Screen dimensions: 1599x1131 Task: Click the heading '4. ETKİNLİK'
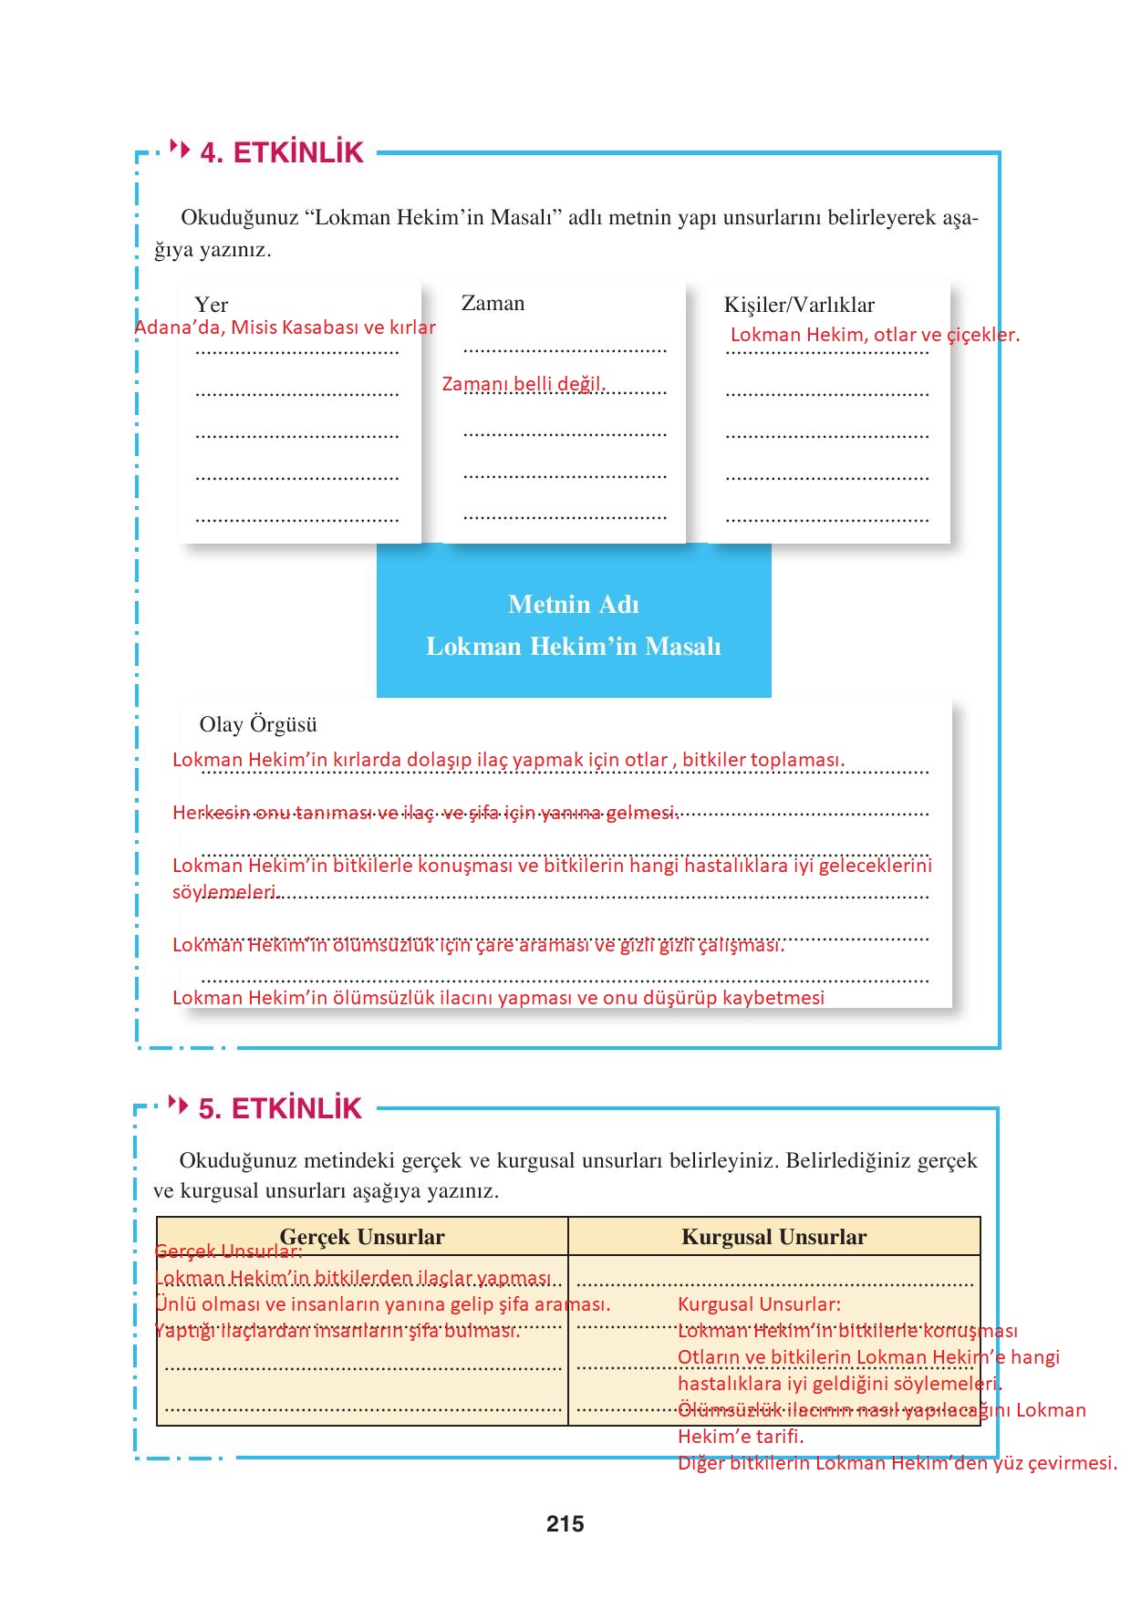pos(282,152)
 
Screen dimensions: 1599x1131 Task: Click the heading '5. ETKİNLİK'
pos(280,1108)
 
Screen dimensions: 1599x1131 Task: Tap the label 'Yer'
pos(211,305)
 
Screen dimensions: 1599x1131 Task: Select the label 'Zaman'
pos(493,303)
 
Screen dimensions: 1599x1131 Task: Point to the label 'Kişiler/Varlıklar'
pos(799,305)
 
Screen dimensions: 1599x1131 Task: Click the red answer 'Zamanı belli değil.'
pos(524,384)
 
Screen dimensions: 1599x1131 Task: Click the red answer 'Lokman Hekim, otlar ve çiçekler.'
pos(875,335)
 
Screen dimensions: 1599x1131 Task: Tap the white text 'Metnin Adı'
pos(574,605)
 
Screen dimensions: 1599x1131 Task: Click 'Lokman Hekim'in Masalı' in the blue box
pos(574,647)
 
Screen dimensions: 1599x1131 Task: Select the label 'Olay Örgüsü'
pos(258,724)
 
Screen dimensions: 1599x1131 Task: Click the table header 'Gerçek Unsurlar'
pos(362,1237)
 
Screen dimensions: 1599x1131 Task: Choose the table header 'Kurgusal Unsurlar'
pos(773,1237)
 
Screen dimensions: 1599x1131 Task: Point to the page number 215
pos(565,1524)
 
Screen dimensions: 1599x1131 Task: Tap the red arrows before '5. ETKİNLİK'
pos(179,1105)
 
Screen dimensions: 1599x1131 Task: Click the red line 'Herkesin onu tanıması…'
pos(425,813)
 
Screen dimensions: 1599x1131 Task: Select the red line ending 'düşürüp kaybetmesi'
pos(498,998)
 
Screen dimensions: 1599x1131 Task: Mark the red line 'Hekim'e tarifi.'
pos(741,1437)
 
